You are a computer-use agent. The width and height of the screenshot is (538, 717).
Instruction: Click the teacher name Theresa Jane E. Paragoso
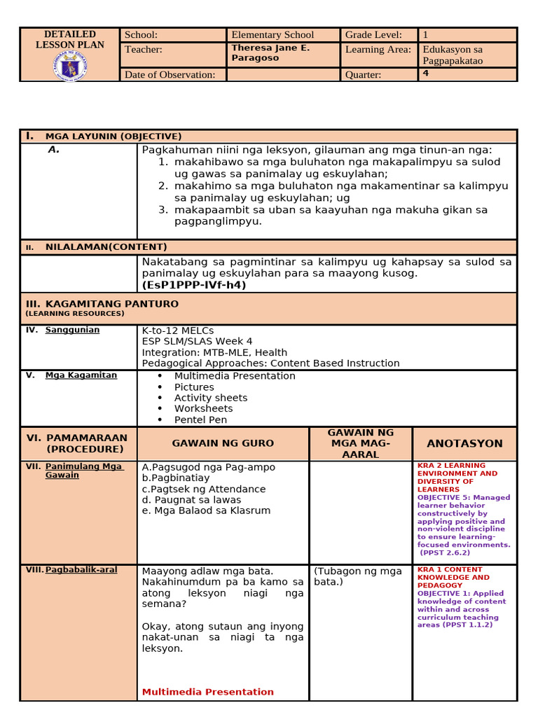270,53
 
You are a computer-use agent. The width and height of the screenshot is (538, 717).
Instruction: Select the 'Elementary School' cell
273,34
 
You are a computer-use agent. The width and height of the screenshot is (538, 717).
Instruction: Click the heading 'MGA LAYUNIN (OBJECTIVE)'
113,137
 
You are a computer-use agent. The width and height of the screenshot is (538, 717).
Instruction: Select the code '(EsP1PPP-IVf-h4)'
194,285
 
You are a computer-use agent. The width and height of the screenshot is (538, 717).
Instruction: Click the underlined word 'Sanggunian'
72,330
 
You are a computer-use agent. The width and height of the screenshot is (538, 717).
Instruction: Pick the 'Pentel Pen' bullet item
200,420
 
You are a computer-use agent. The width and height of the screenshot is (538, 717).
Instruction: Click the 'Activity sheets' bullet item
210,398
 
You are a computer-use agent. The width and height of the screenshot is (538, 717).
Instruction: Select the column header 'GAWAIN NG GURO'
223,444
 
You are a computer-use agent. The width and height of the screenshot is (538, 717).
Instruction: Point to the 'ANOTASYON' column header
464,444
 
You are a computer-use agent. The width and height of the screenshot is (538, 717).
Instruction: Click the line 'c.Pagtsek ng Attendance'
203,489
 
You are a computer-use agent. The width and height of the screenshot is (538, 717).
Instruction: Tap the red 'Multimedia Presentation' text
207,692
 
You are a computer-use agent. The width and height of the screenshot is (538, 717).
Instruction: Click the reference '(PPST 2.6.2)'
445,552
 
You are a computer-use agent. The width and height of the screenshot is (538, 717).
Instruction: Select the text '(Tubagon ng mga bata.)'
358,576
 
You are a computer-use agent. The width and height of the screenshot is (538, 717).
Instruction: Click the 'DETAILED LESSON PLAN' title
70,39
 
